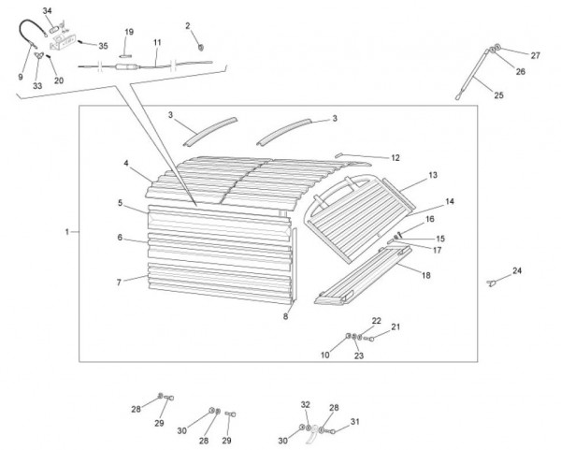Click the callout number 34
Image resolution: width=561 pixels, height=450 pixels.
[48, 9]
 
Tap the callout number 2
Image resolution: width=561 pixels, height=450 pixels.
[187, 26]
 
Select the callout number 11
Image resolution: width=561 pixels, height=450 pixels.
[157, 42]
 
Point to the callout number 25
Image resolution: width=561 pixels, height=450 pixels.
[497, 95]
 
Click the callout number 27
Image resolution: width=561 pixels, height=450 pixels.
[536, 55]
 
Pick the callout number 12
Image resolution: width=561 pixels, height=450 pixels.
[396, 158]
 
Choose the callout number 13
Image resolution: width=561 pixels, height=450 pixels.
[433, 175]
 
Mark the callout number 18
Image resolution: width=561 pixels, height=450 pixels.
[425, 276]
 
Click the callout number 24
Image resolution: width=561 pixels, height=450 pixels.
[517, 270]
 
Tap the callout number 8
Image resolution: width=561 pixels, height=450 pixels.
[286, 316]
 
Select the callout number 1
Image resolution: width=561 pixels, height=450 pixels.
[67, 230]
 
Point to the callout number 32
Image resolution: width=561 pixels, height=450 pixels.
[305, 404]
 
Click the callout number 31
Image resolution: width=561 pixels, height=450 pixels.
[355, 422]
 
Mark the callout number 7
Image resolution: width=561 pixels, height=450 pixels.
[119, 282]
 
